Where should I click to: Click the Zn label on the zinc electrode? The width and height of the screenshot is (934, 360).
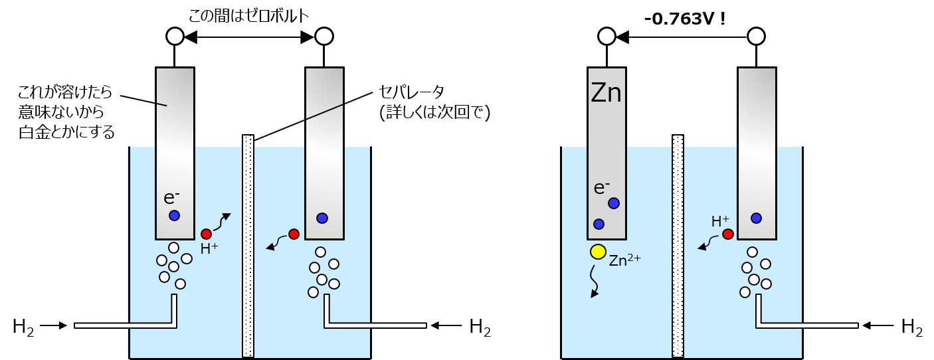pyautogui.click(x=606, y=94)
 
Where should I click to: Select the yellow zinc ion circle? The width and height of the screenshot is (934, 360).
pyautogui.click(x=598, y=252)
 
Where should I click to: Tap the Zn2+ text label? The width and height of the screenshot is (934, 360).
pyautogui.click(x=624, y=260)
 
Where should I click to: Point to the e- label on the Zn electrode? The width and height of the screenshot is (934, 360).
pyautogui.click(x=602, y=188)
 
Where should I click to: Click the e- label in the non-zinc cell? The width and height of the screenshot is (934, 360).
pyautogui.click(x=171, y=197)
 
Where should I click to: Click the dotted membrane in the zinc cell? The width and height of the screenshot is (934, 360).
pyautogui.click(x=678, y=246)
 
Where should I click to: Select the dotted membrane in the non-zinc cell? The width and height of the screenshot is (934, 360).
pyautogui.click(x=248, y=246)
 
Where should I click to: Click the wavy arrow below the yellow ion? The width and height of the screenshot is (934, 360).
pyautogui.click(x=594, y=282)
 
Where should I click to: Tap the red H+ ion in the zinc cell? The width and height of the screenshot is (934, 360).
pyautogui.click(x=728, y=234)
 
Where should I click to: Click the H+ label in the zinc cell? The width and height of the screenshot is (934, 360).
pyautogui.click(x=720, y=221)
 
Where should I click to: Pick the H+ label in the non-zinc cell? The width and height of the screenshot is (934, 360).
pyautogui.click(x=209, y=249)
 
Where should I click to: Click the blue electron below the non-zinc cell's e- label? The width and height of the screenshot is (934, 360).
pyautogui.click(x=174, y=215)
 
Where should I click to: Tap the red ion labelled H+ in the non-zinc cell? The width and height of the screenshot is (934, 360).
pyautogui.click(x=206, y=234)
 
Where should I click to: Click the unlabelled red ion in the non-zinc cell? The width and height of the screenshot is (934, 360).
pyautogui.click(x=294, y=234)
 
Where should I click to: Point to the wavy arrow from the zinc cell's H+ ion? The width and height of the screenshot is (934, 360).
pyautogui.click(x=707, y=243)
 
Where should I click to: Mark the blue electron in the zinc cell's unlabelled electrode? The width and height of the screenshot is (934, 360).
pyautogui.click(x=756, y=218)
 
